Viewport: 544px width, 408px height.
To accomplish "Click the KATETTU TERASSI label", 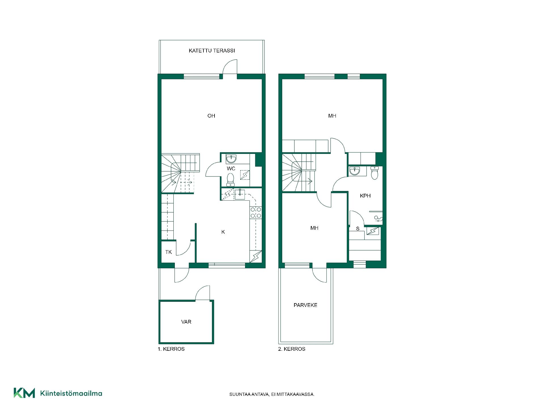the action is coord(212,51).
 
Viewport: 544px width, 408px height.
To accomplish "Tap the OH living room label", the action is coord(211,116).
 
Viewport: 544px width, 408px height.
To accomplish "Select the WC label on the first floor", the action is coord(231,169).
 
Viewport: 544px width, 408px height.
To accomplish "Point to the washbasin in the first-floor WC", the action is coord(231,159).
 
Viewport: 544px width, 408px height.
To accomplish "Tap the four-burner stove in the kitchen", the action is coord(256,213).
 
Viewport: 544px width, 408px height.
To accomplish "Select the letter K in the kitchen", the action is coord(223,232).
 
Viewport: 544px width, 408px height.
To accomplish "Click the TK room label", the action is coord(169,252).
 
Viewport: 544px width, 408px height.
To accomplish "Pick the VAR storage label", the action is coord(186,322).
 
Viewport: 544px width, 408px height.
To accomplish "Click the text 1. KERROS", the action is coord(171,349).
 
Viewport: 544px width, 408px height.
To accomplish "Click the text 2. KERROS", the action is coord(292,349).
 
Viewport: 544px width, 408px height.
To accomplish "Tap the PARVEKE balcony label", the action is coord(305,305).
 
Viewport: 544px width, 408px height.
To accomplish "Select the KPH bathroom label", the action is coord(365,196).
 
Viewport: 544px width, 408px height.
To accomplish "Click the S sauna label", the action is coord(358,229).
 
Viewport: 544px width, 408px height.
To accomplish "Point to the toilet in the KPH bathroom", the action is coord(375,173).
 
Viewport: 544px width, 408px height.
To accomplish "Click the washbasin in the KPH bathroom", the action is coord(354,171).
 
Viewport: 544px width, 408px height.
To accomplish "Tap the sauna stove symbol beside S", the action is coord(373,231).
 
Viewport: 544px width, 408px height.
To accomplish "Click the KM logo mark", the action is coord(24,393).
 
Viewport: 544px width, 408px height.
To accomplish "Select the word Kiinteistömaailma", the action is coord(71,393).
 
